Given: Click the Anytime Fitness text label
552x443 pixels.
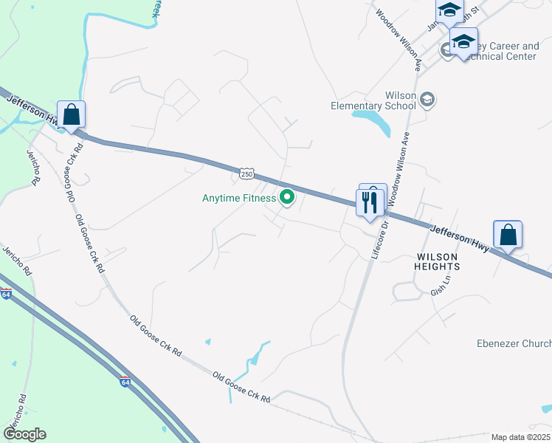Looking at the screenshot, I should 239,198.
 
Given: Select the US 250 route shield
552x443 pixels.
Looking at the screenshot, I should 246,174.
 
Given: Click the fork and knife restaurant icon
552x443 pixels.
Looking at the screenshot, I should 369,202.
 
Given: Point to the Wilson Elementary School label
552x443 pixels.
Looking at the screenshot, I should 373,100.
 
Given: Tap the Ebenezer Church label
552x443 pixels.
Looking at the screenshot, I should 514,344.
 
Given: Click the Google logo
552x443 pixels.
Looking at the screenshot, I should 24,434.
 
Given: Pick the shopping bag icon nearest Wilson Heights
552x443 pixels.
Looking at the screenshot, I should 508,235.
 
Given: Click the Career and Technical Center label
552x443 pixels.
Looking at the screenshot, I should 497,51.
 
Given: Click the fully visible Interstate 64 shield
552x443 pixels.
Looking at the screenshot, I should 125,382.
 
